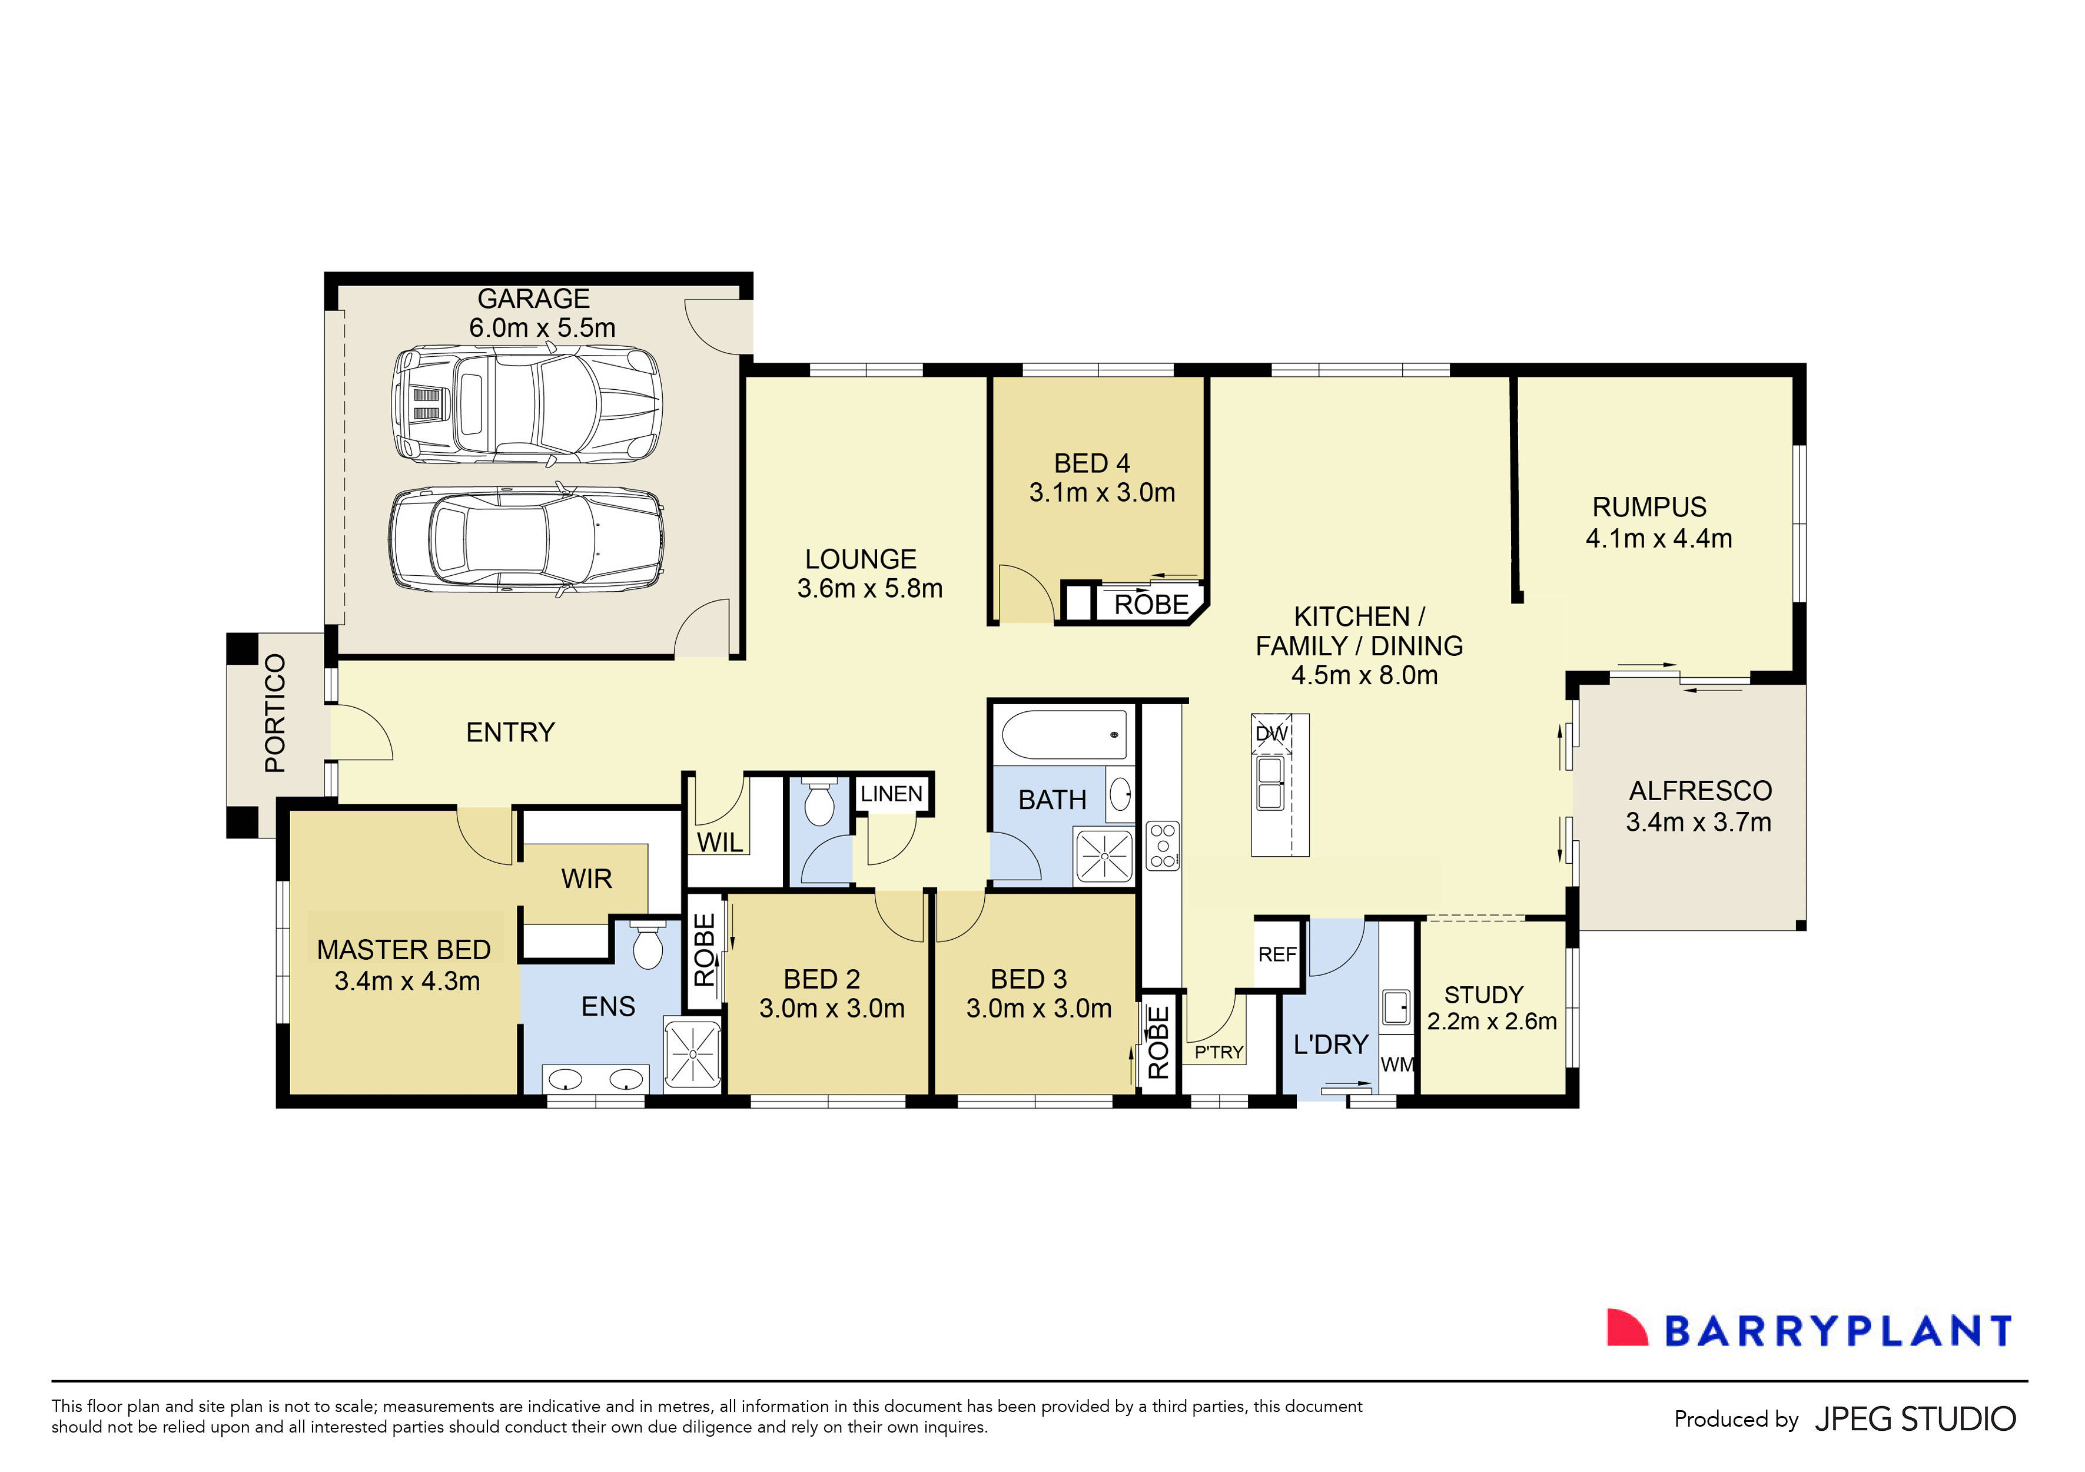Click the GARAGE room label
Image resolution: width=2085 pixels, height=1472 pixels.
pyautogui.click(x=533, y=299)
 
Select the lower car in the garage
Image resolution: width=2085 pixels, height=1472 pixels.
pyautogui.click(x=527, y=541)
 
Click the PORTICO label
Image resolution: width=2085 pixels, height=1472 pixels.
pyautogui.click(x=275, y=713)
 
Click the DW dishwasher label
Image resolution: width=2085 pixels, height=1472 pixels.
pyautogui.click(x=1271, y=734)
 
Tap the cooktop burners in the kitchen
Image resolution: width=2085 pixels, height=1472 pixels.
pyautogui.click(x=1163, y=846)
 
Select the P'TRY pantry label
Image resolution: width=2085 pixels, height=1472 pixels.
pyautogui.click(x=1219, y=1052)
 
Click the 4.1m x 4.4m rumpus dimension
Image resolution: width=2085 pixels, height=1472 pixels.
pyautogui.click(x=1658, y=539)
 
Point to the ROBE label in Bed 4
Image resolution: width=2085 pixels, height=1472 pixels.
pyautogui.click(x=1151, y=605)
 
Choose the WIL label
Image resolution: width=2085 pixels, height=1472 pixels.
pyautogui.click(x=719, y=843)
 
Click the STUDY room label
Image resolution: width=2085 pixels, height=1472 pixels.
pyautogui.click(x=1484, y=994)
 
